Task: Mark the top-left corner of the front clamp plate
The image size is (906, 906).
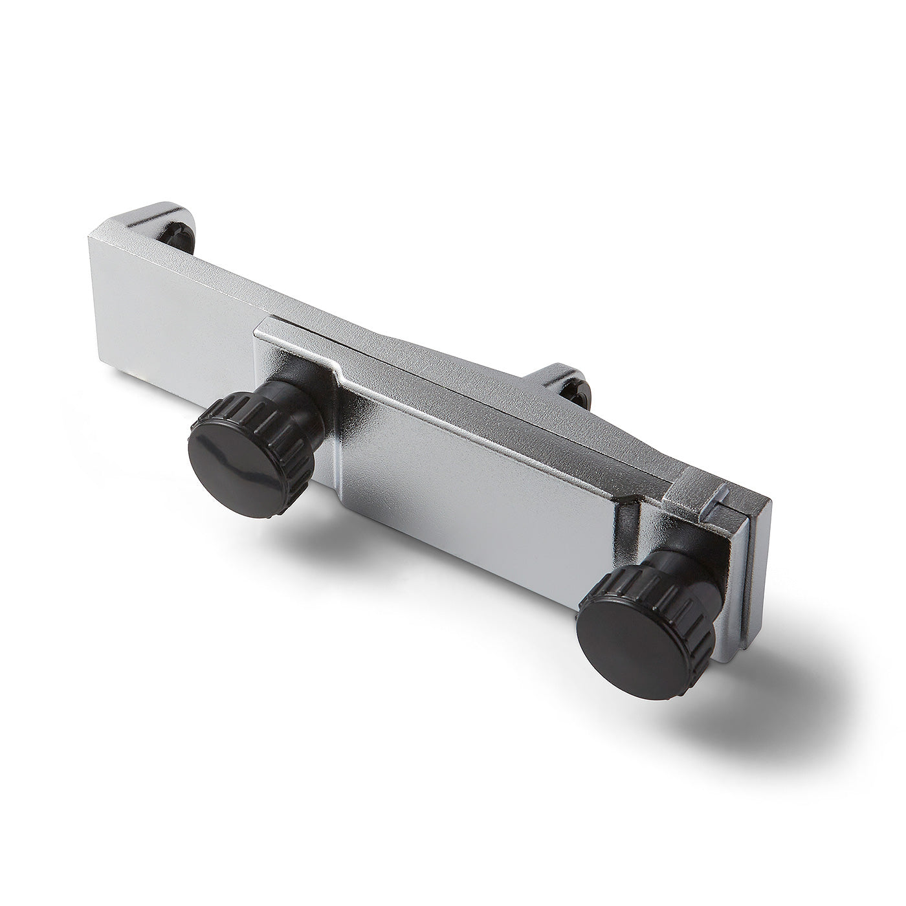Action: (x=259, y=324)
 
